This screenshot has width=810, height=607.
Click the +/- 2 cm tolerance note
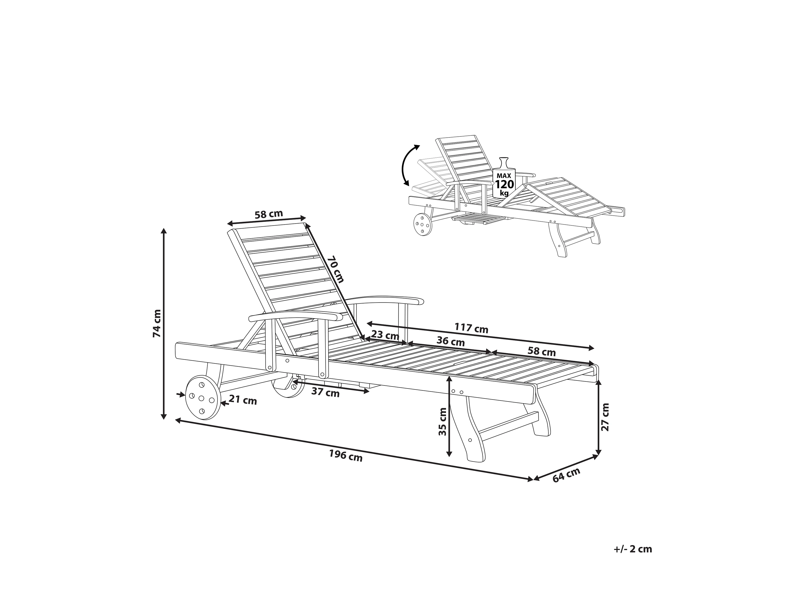pyautogui.click(x=633, y=559)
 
